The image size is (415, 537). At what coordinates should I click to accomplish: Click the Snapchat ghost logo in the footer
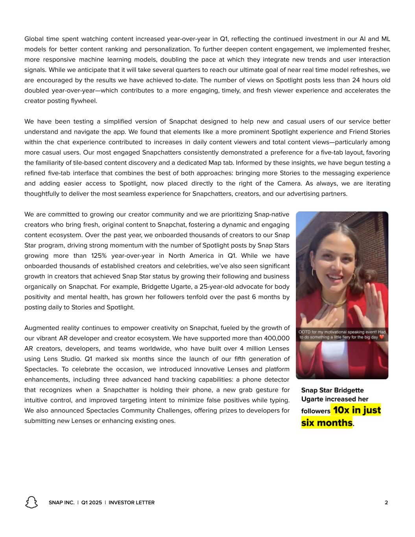[31, 502]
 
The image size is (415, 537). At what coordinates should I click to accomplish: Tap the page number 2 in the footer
[386, 502]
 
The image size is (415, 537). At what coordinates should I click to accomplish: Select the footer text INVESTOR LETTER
[131, 502]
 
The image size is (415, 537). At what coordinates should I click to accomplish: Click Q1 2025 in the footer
[92, 502]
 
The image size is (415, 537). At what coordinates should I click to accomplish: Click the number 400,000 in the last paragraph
[277, 338]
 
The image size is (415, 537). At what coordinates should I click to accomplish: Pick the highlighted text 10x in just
[356, 410]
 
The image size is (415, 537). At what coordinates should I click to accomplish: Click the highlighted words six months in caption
[326, 423]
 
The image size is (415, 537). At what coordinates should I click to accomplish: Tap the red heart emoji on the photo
[381, 337]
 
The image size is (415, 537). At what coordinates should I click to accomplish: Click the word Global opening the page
[34, 39]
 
